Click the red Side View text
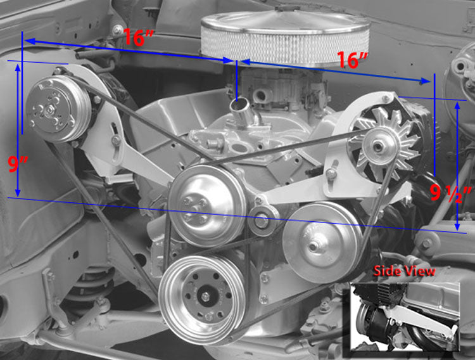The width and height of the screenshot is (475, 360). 404,271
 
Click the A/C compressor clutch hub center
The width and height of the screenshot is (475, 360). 49,109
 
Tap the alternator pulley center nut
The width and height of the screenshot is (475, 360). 379,146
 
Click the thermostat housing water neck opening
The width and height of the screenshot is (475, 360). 239,104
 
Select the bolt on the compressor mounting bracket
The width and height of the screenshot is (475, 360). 116,140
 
